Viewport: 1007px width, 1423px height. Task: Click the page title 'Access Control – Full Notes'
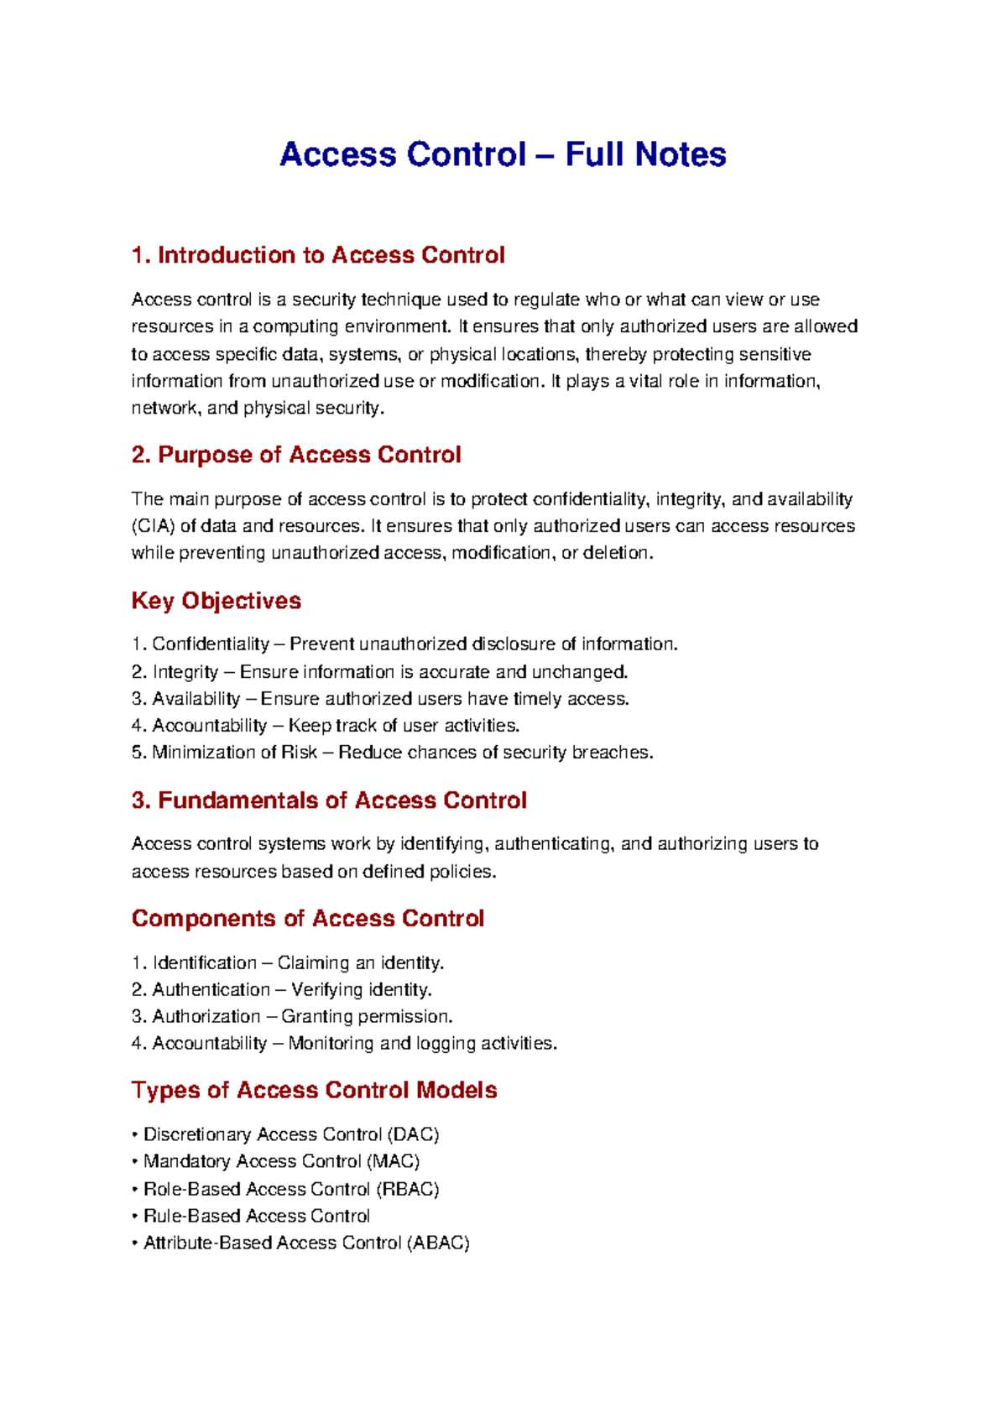(x=503, y=154)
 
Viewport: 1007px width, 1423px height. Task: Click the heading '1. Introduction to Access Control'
(x=318, y=255)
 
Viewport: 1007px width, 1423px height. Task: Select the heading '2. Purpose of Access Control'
(x=296, y=455)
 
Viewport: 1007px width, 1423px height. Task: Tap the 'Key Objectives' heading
(x=217, y=601)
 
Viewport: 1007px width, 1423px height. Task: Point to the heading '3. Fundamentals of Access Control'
(x=329, y=800)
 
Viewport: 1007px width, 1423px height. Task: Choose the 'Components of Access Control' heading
(x=308, y=919)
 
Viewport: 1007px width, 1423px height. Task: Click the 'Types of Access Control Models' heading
(x=315, y=1090)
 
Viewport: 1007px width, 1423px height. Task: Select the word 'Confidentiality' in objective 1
(x=211, y=644)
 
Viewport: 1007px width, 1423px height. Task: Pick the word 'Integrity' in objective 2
(x=185, y=672)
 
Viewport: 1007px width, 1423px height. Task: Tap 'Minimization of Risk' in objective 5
(x=234, y=753)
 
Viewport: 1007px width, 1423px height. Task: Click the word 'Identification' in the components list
(x=205, y=963)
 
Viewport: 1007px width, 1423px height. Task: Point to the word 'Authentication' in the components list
(x=211, y=990)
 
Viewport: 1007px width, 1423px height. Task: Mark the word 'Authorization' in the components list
(x=206, y=1017)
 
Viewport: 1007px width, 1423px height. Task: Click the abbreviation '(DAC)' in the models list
(x=413, y=1135)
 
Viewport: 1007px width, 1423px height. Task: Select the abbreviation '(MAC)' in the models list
(x=393, y=1162)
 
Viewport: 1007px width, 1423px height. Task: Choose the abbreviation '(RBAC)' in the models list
(x=408, y=1190)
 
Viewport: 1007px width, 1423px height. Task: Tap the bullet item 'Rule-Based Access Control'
(x=257, y=1217)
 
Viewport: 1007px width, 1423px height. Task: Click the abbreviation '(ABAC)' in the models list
(x=438, y=1243)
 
